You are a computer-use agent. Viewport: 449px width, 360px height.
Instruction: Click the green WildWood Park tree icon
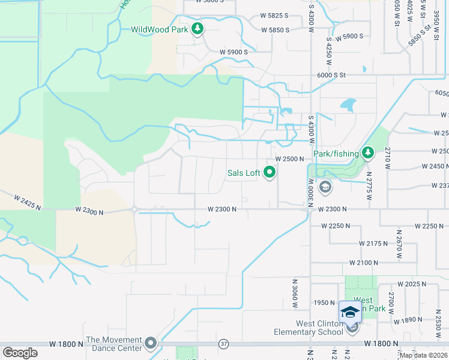pos(197,28)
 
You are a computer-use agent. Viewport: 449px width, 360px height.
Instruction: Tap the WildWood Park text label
pos(160,29)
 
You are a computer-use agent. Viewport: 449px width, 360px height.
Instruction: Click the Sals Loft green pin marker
pos(270,173)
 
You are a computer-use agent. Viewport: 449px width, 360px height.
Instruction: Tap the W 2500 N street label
pos(291,159)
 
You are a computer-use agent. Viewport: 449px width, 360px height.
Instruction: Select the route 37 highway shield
pos(224,344)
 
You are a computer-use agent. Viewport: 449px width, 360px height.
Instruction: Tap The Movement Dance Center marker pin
pos(150,344)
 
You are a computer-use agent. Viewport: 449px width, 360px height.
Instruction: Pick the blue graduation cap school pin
pos(350,313)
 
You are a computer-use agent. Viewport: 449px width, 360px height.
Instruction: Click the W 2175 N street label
pos(374,244)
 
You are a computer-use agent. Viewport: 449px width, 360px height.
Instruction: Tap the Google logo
pos(20,353)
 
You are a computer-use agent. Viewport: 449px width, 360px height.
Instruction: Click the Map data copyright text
pos(423,355)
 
